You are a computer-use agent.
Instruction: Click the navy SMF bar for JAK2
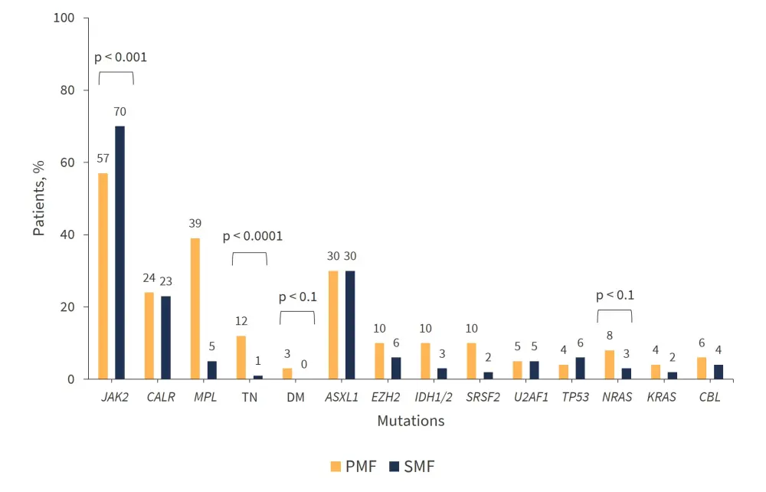(119, 253)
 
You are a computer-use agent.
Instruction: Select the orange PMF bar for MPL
(195, 309)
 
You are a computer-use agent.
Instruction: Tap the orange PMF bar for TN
(241, 357)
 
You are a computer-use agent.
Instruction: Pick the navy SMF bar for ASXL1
(350, 325)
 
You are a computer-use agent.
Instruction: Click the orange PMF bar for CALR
(149, 336)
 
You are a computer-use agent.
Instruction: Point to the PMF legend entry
(354, 466)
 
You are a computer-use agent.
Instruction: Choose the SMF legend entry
(413, 466)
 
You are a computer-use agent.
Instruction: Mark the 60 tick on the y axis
(68, 162)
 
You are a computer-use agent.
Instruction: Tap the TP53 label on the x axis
(575, 397)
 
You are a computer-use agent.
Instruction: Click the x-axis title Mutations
(411, 421)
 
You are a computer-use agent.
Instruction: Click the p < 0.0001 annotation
(253, 236)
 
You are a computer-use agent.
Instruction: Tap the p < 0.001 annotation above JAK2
(121, 57)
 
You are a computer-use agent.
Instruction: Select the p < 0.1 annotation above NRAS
(616, 295)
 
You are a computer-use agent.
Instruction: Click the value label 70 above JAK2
(119, 112)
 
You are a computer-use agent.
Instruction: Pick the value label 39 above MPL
(195, 223)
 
